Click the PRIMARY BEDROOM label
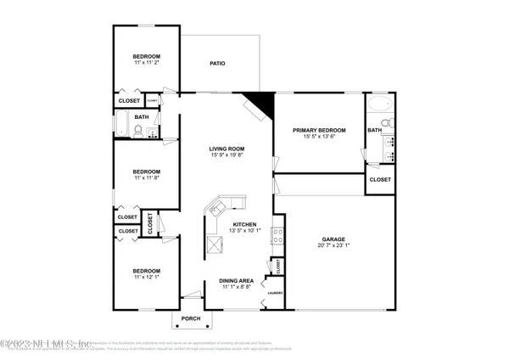pos(316,130)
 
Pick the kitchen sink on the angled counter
pos(227,205)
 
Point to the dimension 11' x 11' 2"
pos(146,62)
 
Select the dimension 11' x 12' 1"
pos(146,277)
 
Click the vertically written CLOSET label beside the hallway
pos(150,223)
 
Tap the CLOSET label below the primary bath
pos(381,180)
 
